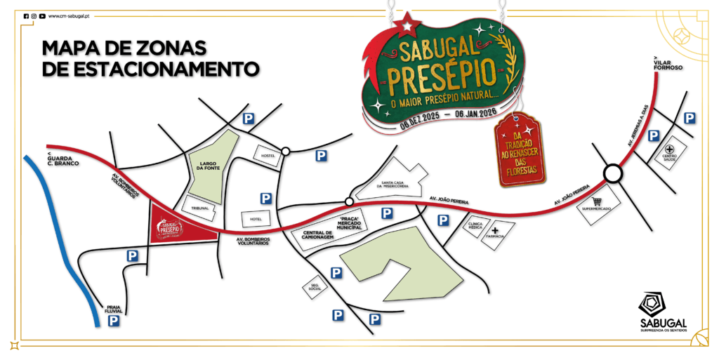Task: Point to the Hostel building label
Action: (x=267, y=155)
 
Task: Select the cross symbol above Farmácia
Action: (x=495, y=230)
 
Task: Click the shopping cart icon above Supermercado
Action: (x=598, y=201)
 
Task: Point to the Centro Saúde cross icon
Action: (x=670, y=149)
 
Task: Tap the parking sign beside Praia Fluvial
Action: (x=113, y=321)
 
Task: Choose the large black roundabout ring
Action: (x=612, y=173)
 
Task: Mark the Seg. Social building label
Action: (x=315, y=286)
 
